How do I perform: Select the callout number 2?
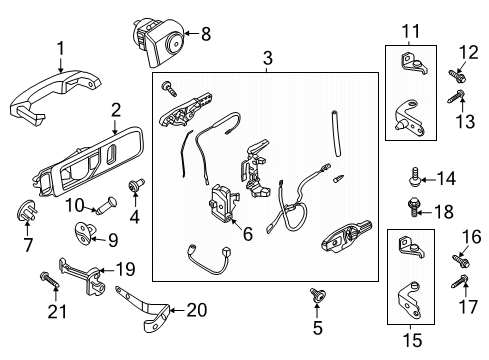pyautogui.click(x=115, y=110)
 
